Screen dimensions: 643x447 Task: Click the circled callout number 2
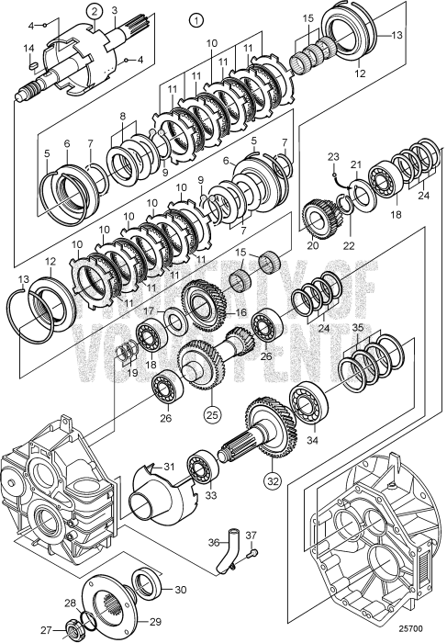pyautogui.click(x=94, y=11)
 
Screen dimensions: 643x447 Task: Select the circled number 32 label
pyautogui.click(x=272, y=478)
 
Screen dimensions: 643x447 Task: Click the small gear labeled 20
pyautogui.click(x=317, y=223)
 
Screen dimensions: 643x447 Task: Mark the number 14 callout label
pyautogui.click(x=28, y=48)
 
